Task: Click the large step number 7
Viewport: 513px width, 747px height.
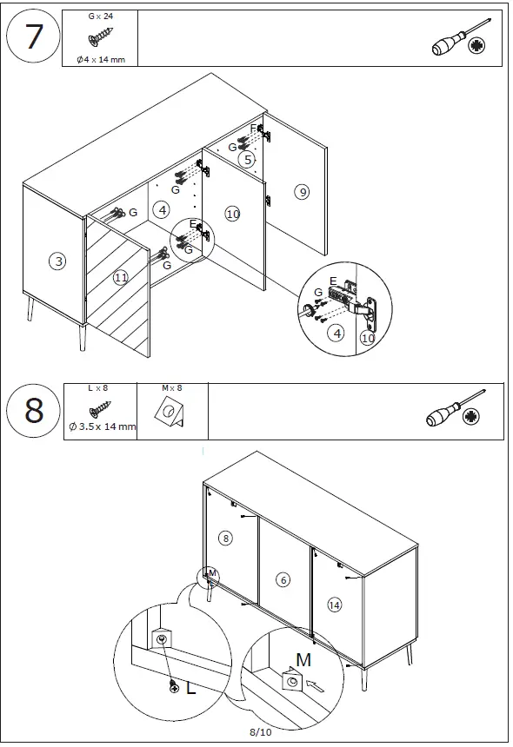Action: click(x=33, y=36)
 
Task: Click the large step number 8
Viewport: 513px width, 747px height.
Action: click(x=34, y=410)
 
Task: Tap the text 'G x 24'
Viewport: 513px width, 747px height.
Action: click(x=101, y=17)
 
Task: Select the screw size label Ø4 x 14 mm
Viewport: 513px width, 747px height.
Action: click(x=101, y=60)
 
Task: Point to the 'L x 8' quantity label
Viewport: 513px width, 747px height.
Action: click(x=98, y=387)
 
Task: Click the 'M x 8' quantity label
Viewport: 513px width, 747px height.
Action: click(x=171, y=387)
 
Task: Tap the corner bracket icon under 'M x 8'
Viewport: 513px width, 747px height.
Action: click(x=170, y=411)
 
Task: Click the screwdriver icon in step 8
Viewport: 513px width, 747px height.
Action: click(x=456, y=409)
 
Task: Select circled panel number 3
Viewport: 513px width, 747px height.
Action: click(x=57, y=261)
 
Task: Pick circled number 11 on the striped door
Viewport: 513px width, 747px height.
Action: click(x=121, y=277)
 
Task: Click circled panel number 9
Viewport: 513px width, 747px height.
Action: click(x=302, y=192)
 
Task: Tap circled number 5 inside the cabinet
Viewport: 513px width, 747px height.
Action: click(x=247, y=160)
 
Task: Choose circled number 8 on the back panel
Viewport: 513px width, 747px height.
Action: click(x=225, y=539)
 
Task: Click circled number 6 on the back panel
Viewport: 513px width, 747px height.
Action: click(x=283, y=579)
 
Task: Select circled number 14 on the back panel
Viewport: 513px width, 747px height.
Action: click(x=334, y=605)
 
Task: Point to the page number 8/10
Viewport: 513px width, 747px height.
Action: click(x=260, y=731)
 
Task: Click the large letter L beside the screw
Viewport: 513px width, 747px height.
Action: click(x=190, y=688)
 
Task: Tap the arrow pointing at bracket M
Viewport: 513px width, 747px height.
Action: click(x=315, y=685)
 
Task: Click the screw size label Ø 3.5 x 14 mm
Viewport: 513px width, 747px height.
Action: click(x=103, y=426)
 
